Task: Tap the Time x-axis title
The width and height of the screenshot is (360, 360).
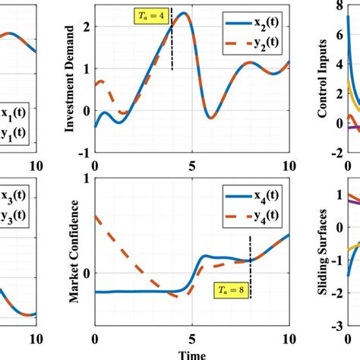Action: (x=192, y=354)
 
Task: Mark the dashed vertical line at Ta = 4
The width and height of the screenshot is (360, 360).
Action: (x=172, y=46)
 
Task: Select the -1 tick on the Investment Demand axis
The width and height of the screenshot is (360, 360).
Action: (x=85, y=152)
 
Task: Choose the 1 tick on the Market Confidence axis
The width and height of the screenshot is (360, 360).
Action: (x=85, y=178)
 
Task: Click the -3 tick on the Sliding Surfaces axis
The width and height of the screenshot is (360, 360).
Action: (x=335, y=347)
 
